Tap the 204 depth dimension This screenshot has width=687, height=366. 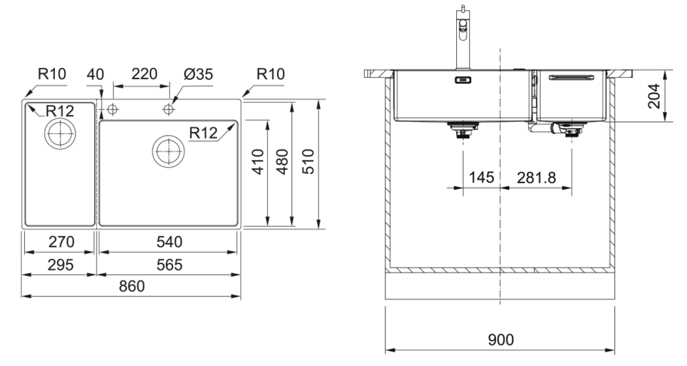tap(654, 96)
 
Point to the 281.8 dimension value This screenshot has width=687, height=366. tap(537, 177)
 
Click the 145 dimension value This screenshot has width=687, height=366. tap(482, 177)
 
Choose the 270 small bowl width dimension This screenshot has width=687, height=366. tap(58, 242)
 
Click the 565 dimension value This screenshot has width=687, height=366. tap(169, 265)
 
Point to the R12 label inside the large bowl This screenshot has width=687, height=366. tap(204, 133)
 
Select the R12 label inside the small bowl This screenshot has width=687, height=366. tap(60, 111)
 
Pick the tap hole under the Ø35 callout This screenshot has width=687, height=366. tap(168, 109)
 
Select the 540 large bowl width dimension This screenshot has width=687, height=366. tap(169, 242)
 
